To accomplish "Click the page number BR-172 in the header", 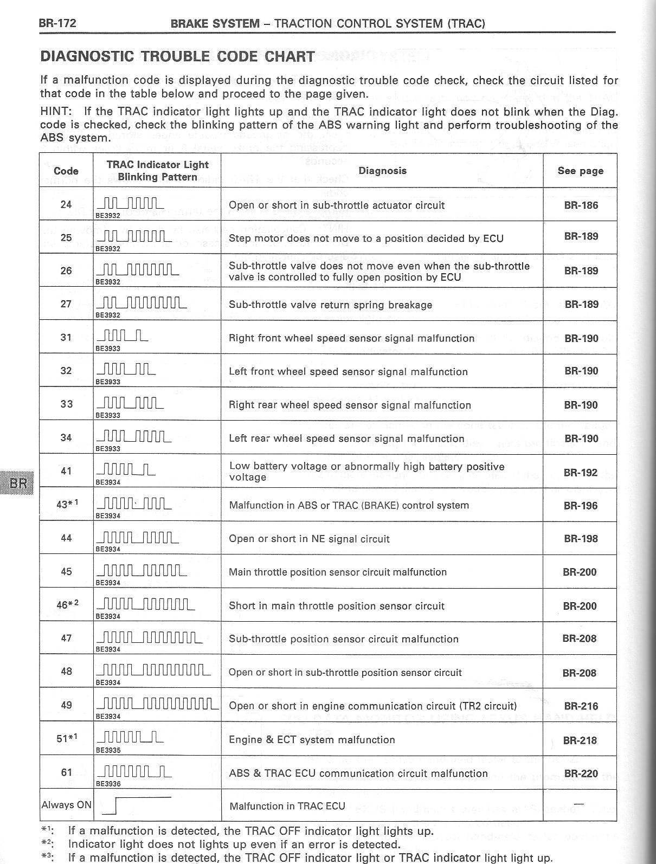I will [x=57, y=23].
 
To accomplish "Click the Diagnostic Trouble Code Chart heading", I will [x=177, y=56].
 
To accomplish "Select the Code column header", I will [x=66, y=171].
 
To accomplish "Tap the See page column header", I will [x=580, y=171].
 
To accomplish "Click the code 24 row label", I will [x=66, y=205].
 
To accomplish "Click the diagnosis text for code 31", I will [x=352, y=338].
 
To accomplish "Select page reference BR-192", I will [x=580, y=473].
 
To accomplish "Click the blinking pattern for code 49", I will [x=157, y=704].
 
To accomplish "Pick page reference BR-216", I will [x=581, y=706].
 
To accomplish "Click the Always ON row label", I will [x=66, y=805].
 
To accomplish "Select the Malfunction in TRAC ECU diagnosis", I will [x=287, y=806].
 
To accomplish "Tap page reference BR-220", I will [x=581, y=773].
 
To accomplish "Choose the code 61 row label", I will [x=66, y=772].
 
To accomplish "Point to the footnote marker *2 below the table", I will [x=47, y=843].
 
